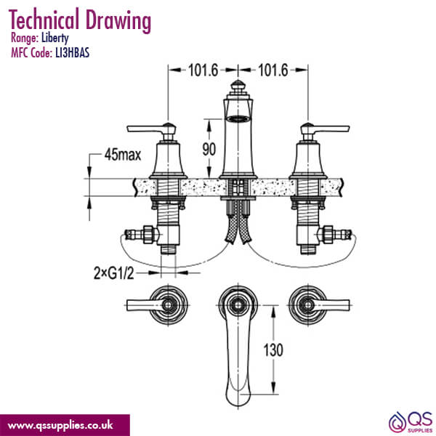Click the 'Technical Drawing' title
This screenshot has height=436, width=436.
[x=80, y=20]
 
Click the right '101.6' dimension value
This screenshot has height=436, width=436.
[x=273, y=70]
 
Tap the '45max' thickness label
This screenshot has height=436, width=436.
[x=122, y=156]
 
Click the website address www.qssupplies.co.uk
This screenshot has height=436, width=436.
[x=64, y=424]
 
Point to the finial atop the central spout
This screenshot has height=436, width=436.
[x=237, y=91]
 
